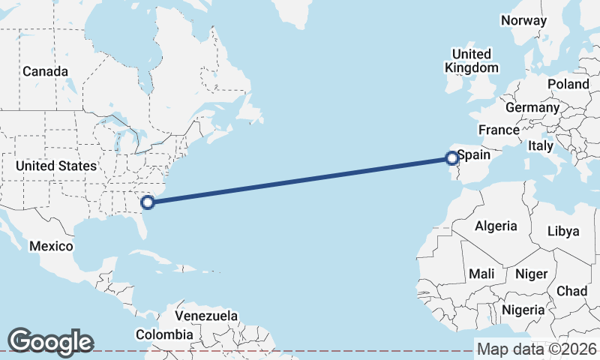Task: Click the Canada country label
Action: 45,71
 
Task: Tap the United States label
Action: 56,166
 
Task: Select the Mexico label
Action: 51,246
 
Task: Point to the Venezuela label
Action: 206,316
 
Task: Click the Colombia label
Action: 164,334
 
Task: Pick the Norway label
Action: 523,20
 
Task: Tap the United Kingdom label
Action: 472,61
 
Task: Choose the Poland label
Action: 568,84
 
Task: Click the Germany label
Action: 532,107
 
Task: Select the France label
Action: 499,130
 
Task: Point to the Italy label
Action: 540,145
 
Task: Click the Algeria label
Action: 496,226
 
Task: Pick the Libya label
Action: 563,231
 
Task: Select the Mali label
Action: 481,274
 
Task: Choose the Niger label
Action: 532,274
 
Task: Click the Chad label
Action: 571,291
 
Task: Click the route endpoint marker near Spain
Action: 451,158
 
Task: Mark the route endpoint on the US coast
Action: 148,201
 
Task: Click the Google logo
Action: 50,341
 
